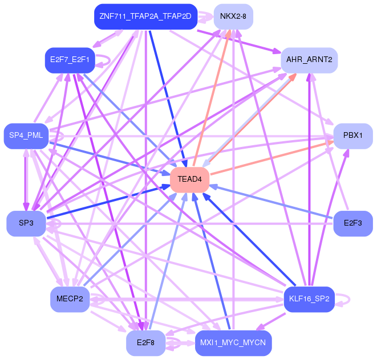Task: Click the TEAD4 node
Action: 189,179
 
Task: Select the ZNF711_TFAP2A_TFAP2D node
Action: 145,17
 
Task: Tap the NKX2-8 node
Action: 233,17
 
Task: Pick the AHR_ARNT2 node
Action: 309,60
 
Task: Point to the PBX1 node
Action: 353,136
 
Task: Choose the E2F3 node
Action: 353,224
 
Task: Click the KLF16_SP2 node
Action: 309,299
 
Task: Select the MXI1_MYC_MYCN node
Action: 233,343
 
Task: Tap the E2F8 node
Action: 145,343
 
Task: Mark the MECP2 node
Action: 70,299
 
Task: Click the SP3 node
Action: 26,224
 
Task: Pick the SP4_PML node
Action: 26,136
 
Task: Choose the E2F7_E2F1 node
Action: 70,60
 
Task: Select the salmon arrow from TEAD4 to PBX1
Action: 272,158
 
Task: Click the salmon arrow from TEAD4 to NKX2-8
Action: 212,98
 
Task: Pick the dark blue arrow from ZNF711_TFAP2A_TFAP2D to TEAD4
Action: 168,98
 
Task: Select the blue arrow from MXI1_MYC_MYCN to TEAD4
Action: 212,261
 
